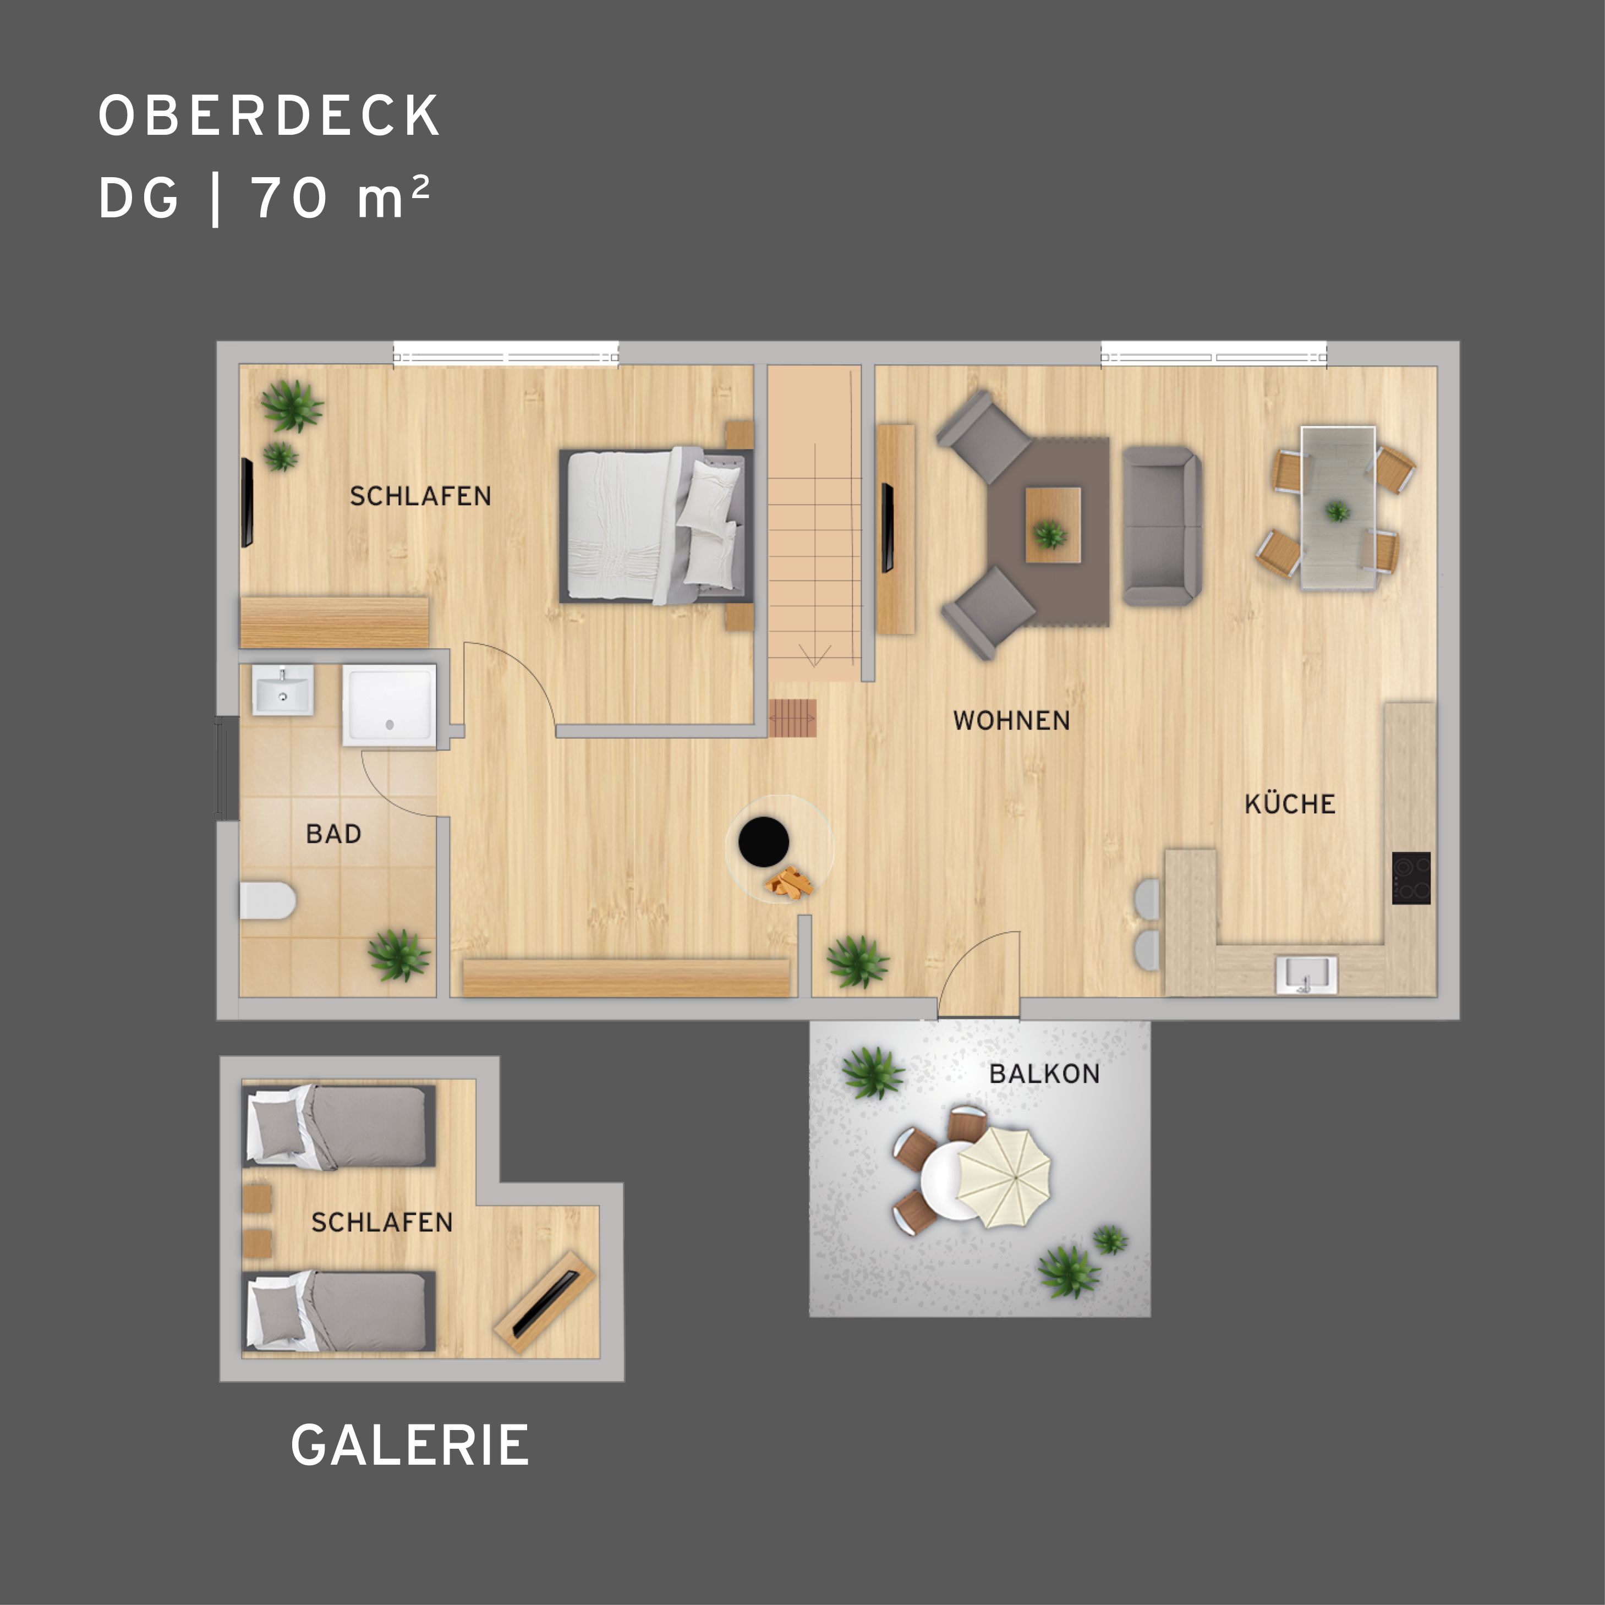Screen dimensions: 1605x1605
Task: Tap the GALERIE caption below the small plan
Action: [409, 1445]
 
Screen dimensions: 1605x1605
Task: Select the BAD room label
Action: [333, 834]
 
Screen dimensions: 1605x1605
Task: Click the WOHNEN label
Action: [1011, 720]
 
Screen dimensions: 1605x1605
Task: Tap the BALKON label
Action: [1044, 1073]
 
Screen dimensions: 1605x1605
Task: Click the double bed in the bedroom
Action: [656, 526]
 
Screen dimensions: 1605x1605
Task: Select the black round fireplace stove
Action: [764, 841]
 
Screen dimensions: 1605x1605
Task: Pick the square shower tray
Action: [389, 704]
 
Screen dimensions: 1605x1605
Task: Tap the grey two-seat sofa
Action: [1162, 525]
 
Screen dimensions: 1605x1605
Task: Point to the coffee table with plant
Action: [1053, 525]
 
